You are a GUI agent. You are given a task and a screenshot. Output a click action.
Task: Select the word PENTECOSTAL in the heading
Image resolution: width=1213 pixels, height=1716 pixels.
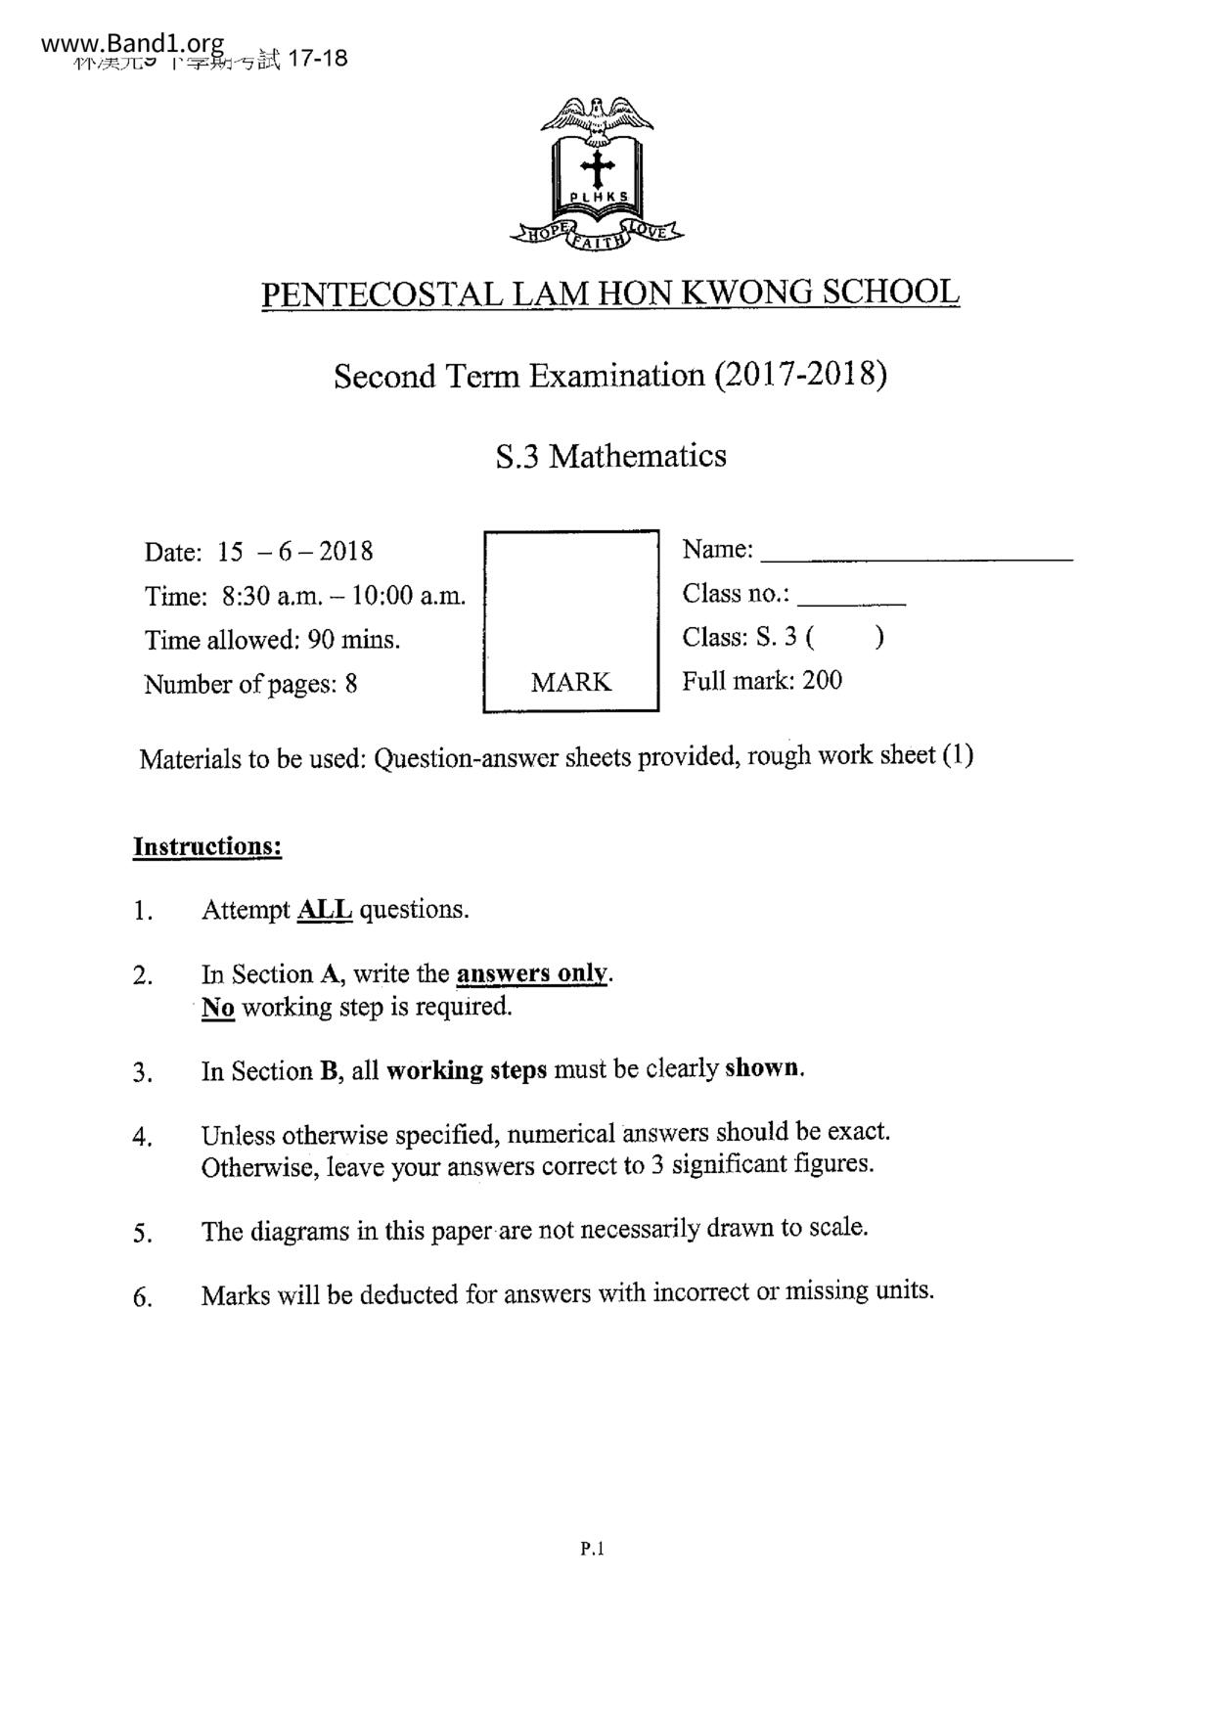pyautogui.click(x=382, y=294)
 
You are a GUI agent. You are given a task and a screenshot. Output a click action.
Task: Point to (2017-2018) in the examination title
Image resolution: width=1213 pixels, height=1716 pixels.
pyautogui.click(x=800, y=375)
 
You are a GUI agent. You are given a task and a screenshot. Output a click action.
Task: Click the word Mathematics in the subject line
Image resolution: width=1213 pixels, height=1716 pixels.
pyautogui.click(x=637, y=456)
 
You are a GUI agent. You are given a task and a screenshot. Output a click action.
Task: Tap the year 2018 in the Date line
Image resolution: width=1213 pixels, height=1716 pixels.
pyautogui.click(x=345, y=551)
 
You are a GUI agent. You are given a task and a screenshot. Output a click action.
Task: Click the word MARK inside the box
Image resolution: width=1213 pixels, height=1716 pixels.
pyautogui.click(x=570, y=682)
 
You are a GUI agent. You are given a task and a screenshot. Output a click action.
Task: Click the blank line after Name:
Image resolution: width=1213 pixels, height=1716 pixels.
pyautogui.click(x=916, y=559)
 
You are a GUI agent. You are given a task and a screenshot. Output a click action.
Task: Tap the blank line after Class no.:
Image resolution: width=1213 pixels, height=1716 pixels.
pyautogui.click(x=857, y=603)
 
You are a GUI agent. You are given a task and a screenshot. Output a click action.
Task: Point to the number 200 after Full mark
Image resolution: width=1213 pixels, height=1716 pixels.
pyautogui.click(x=822, y=680)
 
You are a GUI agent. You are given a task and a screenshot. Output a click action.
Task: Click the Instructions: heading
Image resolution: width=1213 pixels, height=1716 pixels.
pyautogui.click(x=207, y=846)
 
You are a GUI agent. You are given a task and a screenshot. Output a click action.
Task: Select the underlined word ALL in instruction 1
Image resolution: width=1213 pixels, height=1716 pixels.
pyautogui.click(x=324, y=910)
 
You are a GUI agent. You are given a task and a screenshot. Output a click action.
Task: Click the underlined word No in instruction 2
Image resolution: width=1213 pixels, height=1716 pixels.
pyautogui.click(x=218, y=1007)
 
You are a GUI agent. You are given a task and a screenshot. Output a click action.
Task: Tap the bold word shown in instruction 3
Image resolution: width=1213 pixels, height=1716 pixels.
pyautogui.click(x=764, y=1068)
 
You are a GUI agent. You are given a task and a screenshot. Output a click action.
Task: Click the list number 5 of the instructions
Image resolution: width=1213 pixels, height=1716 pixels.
pyautogui.click(x=142, y=1233)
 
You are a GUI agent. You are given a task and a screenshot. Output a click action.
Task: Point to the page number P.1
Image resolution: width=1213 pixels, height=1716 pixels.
pyautogui.click(x=593, y=1549)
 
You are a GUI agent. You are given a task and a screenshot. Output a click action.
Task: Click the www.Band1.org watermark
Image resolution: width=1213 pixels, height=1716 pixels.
pyautogui.click(x=133, y=44)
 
